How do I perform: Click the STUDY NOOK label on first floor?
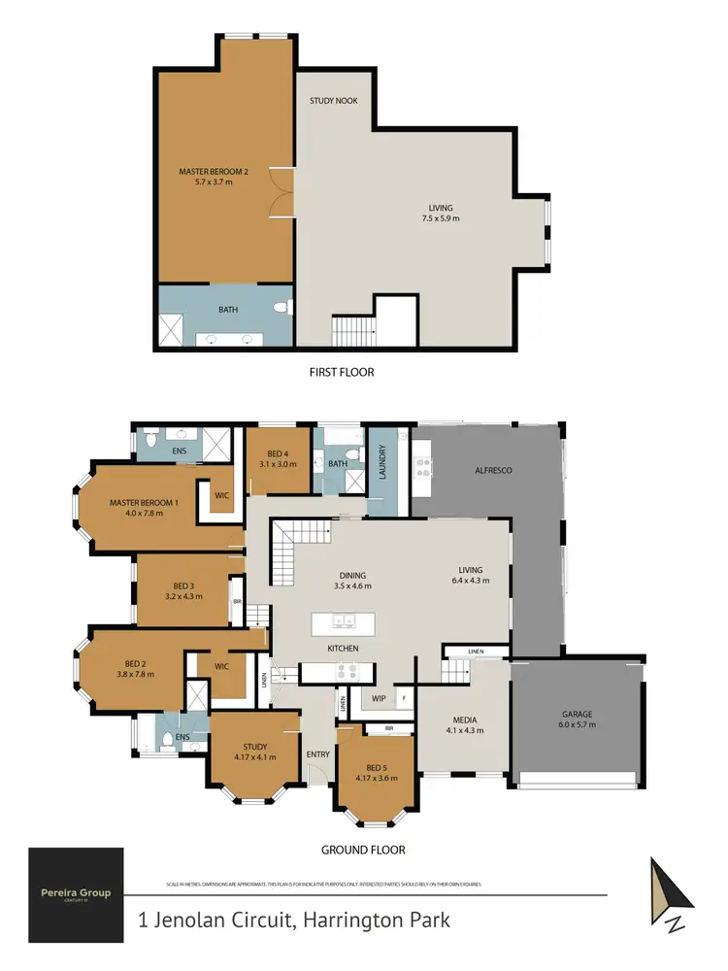(333, 100)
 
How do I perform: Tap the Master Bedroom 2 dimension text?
(213, 182)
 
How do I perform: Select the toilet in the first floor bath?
(281, 309)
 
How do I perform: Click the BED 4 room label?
(278, 454)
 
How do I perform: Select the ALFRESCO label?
(493, 471)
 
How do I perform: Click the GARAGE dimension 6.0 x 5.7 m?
(577, 724)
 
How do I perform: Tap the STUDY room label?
(255, 747)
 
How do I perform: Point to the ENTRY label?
(317, 754)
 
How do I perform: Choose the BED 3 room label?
(183, 586)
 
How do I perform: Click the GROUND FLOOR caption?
(362, 850)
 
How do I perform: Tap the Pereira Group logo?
(76, 894)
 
